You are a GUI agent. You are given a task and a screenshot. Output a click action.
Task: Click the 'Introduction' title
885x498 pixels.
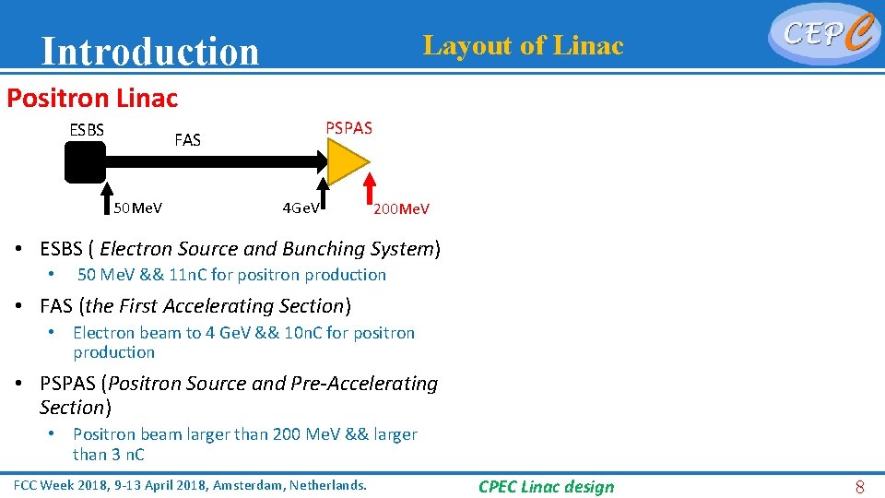click(150, 52)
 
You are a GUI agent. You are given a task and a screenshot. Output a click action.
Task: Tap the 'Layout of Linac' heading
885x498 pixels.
click(523, 45)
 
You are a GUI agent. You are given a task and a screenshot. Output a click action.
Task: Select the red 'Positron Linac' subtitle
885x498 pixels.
click(92, 97)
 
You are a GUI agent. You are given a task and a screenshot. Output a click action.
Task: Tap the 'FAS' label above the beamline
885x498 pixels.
click(187, 140)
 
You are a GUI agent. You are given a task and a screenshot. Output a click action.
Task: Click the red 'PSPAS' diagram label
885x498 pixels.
click(349, 128)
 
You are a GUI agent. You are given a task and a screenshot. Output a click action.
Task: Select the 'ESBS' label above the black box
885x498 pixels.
click(87, 129)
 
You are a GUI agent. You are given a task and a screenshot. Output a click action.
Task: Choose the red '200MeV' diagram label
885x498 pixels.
click(401, 209)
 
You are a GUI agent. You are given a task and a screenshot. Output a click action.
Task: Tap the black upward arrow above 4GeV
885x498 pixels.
click(324, 190)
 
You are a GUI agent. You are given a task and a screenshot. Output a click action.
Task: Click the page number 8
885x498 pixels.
click(859, 487)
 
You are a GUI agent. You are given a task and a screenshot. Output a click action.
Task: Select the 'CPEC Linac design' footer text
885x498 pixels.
click(546, 487)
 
